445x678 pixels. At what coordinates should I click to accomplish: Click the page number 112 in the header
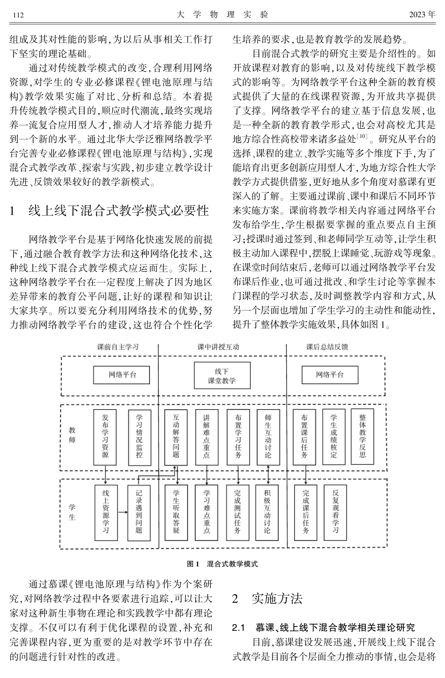(18, 15)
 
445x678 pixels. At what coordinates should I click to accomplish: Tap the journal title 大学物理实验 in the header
(223, 15)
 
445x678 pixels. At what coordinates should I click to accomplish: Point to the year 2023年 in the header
(422, 15)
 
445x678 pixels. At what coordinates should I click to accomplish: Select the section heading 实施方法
(277, 599)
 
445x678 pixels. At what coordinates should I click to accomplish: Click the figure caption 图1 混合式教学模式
(222, 564)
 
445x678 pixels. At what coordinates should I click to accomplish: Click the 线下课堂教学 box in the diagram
(222, 376)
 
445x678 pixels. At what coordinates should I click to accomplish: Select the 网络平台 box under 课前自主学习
(122, 375)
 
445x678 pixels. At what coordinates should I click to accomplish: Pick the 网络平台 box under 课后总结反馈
(330, 375)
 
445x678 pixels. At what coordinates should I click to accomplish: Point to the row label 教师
(72, 435)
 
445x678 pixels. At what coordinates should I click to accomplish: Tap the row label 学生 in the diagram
(72, 512)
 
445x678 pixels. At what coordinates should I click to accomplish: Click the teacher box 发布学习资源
(105, 437)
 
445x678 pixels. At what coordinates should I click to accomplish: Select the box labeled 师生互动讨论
(268, 437)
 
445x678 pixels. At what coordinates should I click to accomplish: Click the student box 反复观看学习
(335, 512)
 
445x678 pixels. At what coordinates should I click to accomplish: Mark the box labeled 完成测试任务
(238, 512)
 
